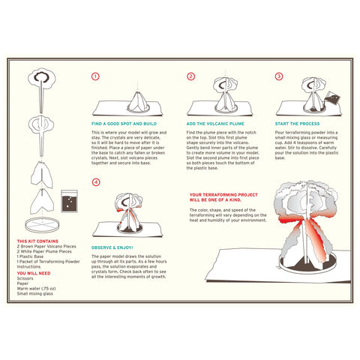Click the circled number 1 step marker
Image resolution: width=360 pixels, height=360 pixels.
pyautogui.click(x=95, y=76)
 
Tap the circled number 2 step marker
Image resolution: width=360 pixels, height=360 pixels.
pyautogui.click(x=190, y=76)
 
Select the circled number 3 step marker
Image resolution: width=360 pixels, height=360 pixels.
pyautogui.click(x=279, y=76)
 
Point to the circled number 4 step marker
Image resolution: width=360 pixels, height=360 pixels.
pyautogui.click(x=95, y=182)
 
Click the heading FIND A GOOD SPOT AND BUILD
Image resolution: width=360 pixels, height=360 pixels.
pyautogui.click(x=125, y=122)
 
